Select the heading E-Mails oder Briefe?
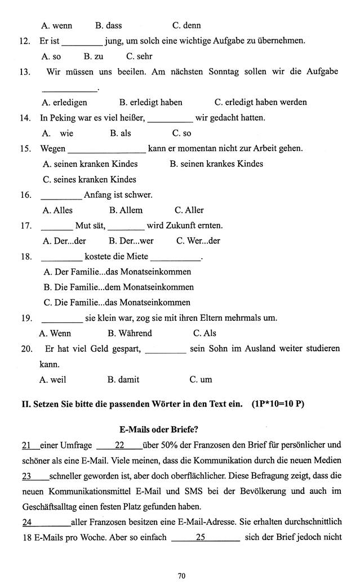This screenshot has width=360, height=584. click(x=180, y=428)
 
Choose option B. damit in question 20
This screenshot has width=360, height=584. click(x=123, y=379)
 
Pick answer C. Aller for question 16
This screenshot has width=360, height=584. click(x=189, y=210)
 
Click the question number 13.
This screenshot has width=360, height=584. click(x=25, y=72)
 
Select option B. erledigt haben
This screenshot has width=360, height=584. click(x=151, y=102)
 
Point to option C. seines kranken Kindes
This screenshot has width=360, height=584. click(x=90, y=179)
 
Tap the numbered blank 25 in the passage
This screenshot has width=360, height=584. click(x=201, y=537)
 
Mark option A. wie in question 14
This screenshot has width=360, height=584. click(x=58, y=134)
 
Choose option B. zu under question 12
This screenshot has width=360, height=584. click(x=94, y=56)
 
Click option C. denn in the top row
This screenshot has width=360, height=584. click(x=186, y=25)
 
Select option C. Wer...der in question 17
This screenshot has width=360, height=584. click(x=198, y=241)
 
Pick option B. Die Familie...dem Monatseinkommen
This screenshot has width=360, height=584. click(x=118, y=287)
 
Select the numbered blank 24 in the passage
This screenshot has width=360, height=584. click(x=27, y=522)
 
